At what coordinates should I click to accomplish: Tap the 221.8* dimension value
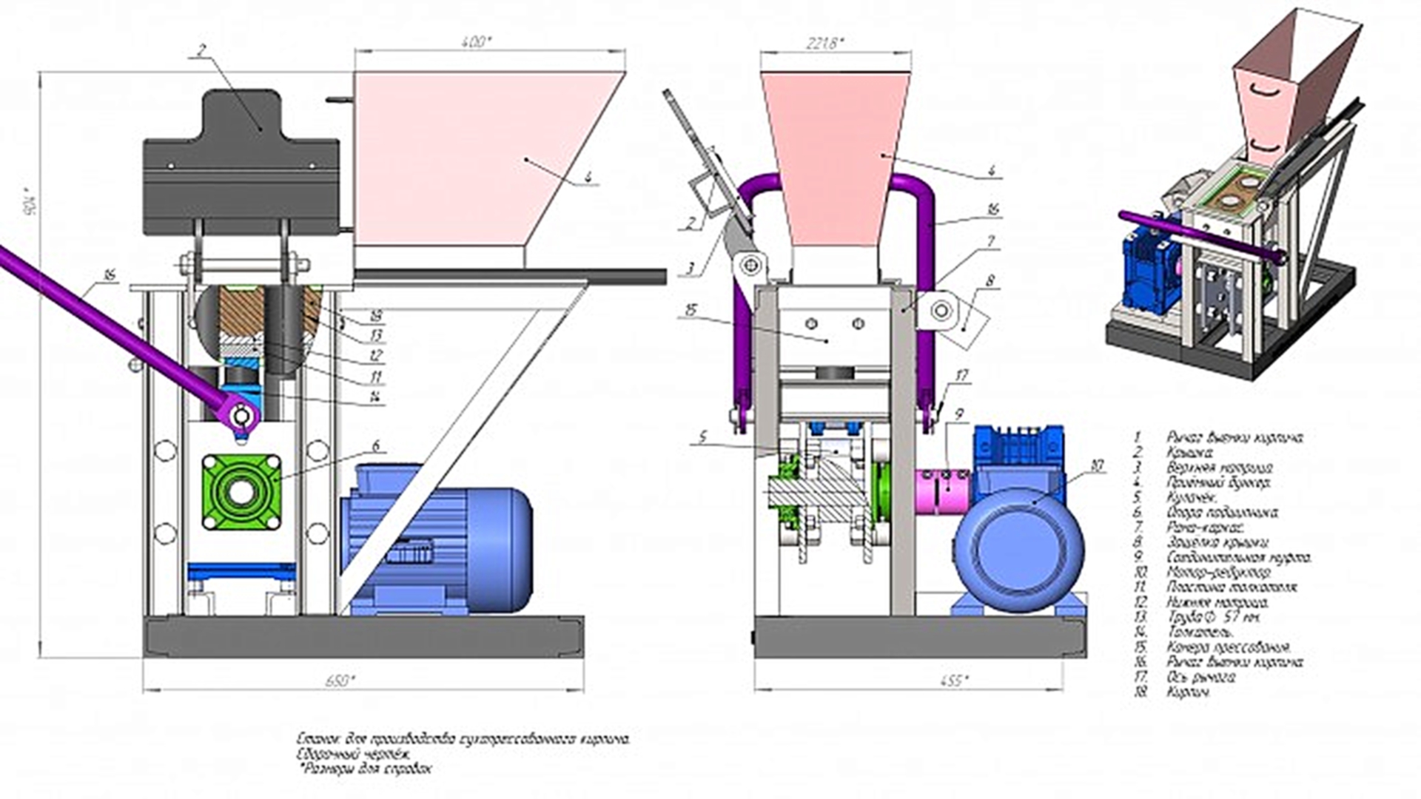824,43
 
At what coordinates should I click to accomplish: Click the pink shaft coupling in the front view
942,490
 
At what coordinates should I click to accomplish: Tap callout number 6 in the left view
376,445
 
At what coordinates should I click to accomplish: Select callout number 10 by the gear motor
1097,465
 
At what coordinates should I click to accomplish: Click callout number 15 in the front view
691,309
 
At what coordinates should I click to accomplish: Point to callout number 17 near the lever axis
961,376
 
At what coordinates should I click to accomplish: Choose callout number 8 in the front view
990,281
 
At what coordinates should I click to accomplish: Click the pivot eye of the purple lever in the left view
240,416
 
